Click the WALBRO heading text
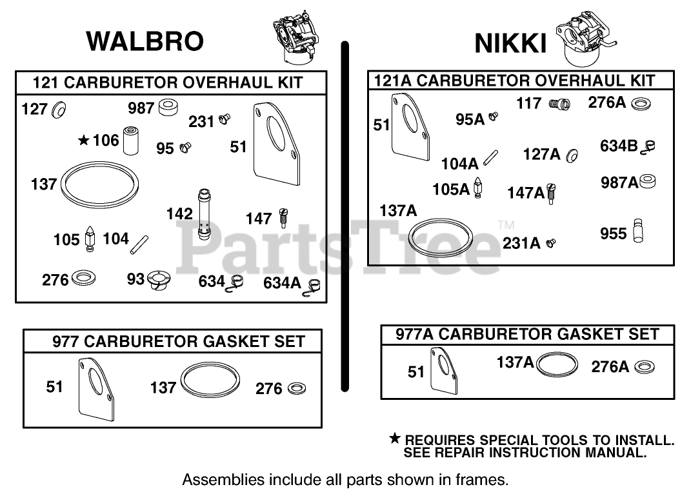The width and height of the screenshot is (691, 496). (145, 41)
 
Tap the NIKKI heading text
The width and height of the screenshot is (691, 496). (510, 44)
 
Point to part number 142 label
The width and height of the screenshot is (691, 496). (179, 213)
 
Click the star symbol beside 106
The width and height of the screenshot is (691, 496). (83, 139)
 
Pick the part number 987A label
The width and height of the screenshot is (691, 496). (619, 183)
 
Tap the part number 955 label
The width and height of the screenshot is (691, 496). (613, 233)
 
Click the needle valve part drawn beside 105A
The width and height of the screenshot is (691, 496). (478, 188)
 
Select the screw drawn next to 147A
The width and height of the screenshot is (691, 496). (552, 193)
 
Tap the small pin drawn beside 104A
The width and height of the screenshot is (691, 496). (491, 157)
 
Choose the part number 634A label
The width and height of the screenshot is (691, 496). (282, 283)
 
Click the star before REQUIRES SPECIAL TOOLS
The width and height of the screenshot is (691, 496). (395, 439)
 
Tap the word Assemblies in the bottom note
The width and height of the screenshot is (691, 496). (214, 479)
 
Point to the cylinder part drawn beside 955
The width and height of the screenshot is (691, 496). (639, 229)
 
